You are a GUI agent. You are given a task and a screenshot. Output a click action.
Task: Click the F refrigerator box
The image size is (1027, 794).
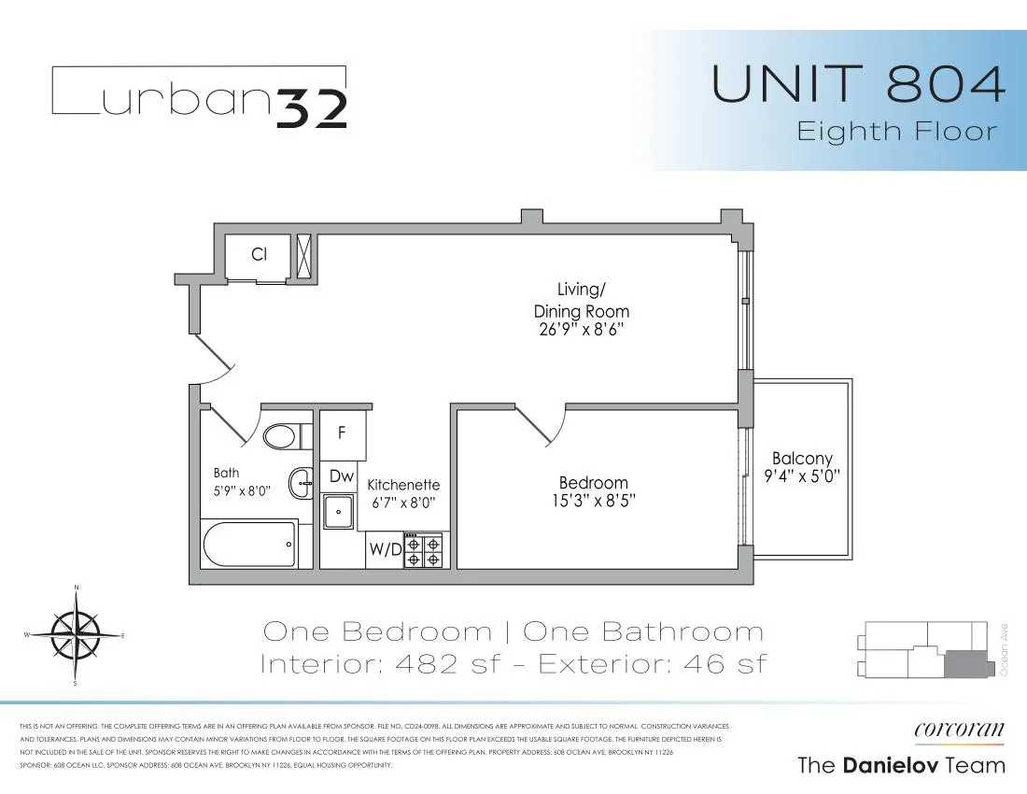[342, 433]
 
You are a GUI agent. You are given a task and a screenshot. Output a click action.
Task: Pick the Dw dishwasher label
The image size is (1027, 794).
[342, 476]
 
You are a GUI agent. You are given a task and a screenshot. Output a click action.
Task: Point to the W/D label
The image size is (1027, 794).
[385, 549]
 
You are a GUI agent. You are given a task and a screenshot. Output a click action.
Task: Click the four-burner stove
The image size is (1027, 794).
[426, 550]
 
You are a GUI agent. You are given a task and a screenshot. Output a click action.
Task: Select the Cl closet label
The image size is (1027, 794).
[260, 254]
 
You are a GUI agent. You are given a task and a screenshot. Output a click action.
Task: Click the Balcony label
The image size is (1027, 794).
[802, 459]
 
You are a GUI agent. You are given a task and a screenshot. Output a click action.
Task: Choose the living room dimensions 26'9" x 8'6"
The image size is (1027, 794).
[581, 330]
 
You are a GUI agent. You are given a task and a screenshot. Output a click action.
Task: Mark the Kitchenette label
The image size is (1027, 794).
[402, 486]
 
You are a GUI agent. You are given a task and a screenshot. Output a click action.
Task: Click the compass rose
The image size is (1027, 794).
[76, 635]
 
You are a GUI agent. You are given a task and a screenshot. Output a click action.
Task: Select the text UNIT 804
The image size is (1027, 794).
[859, 84]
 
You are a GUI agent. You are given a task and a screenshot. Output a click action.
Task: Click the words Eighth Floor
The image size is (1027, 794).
[896, 131]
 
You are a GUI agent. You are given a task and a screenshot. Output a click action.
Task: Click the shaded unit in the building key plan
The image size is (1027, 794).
[965, 664]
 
